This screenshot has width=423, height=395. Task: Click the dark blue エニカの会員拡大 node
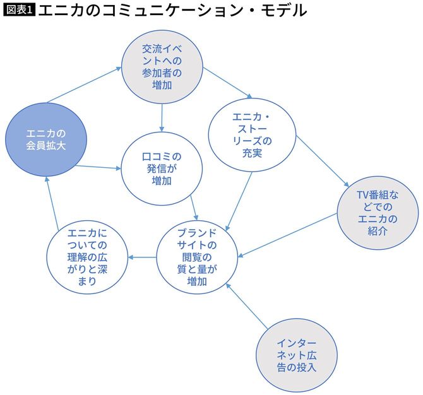point(47,141)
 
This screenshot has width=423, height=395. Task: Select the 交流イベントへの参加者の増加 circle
point(162,66)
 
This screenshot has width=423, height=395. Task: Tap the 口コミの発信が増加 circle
point(162,168)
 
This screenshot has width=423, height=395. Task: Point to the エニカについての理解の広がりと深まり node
point(88,258)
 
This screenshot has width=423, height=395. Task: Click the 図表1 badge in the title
point(18,11)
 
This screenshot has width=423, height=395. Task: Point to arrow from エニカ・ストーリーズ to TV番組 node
point(322,160)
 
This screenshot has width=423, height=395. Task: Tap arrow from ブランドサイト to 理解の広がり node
point(143,257)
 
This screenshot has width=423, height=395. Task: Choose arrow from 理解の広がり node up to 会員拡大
point(52,201)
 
